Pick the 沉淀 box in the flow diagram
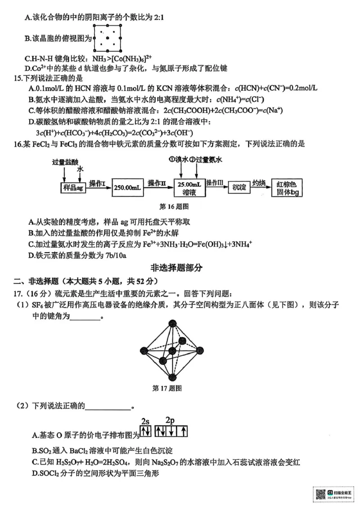click(239, 187)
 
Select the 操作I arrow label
click(97, 183)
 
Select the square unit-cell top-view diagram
click(108, 39)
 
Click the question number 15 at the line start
click(18, 78)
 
